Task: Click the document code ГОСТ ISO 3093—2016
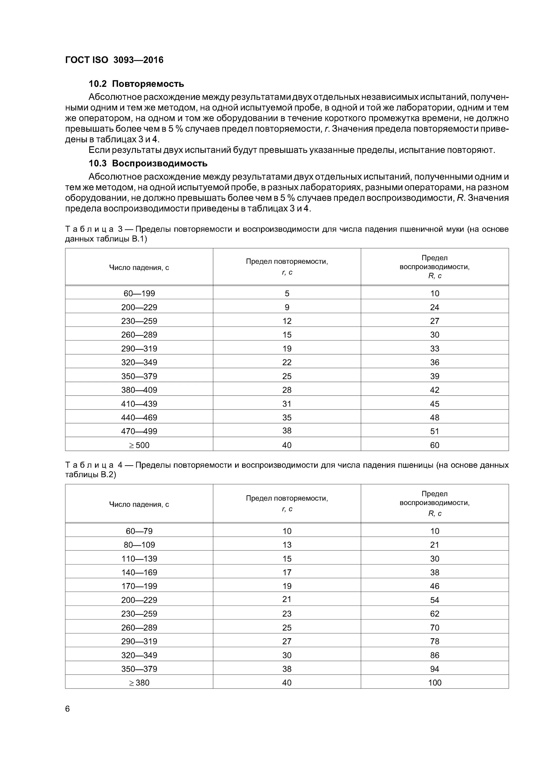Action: tap(114, 60)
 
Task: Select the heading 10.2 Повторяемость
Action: tap(136, 84)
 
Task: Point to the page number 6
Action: tap(67, 709)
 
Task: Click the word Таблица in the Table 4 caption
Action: tap(89, 465)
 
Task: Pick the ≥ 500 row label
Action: tap(139, 445)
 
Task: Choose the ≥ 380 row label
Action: tap(139, 683)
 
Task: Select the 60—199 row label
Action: tap(139, 293)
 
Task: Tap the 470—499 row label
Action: tap(139, 431)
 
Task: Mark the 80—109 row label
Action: tap(139, 545)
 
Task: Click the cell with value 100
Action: tap(435, 683)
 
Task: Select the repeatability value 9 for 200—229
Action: tap(287, 307)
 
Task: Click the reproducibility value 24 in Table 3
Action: tap(435, 307)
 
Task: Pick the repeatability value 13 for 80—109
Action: tap(287, 545)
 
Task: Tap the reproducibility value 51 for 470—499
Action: tap(435, 431)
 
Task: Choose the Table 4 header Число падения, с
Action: tap(139, 504)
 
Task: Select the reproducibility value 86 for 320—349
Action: tap(435, 655)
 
